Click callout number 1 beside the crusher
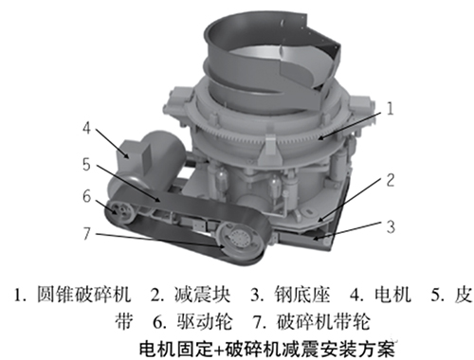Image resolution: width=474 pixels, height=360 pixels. pyautogui.click(x=391, y=108)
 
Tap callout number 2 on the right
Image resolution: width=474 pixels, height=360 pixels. pyautogui.click(x=391, y=180)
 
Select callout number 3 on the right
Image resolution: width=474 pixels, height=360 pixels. pyautogui.click(x=391, y=226)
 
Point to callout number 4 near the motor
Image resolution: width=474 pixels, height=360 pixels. pyautogui.click(x=86, y=128)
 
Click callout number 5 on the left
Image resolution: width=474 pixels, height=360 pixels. pyautogui.click(x=86, y=164)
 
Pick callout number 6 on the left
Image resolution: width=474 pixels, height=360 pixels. pyautogui.click(x=86, y=196)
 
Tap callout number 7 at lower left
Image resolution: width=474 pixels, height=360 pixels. pyautogui.click(x=86, y=233)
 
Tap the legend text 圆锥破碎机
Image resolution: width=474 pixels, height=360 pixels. pyautogui.click(x=83, y=295)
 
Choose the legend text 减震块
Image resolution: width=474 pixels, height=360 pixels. pyautogui.click(x=202, y=295)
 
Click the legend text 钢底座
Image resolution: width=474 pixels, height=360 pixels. pyautogui.click(x=302, y=295)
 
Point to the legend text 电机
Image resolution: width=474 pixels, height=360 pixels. pyautogui.click(x=392, y=295)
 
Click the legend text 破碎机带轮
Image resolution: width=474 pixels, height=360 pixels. pyautogui.click(x=323, y=321)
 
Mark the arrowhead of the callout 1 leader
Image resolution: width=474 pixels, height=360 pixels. pyautogui.click(x=321, y=137)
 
